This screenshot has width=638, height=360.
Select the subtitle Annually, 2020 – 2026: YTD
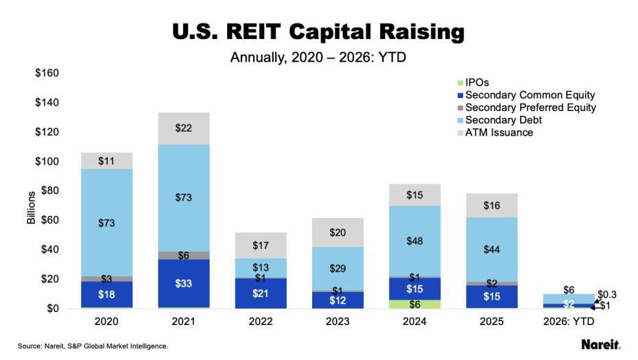point(318,57)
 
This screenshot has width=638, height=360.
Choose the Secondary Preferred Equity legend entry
point(530,108)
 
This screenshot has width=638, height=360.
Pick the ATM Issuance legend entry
point(499,132)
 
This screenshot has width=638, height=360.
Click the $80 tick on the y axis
point(49,191)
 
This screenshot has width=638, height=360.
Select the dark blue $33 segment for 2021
point(185,283)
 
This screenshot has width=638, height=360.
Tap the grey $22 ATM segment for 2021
point(185,128)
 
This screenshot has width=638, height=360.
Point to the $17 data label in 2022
point(260,244)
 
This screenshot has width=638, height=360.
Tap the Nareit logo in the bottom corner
point(601,344)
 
